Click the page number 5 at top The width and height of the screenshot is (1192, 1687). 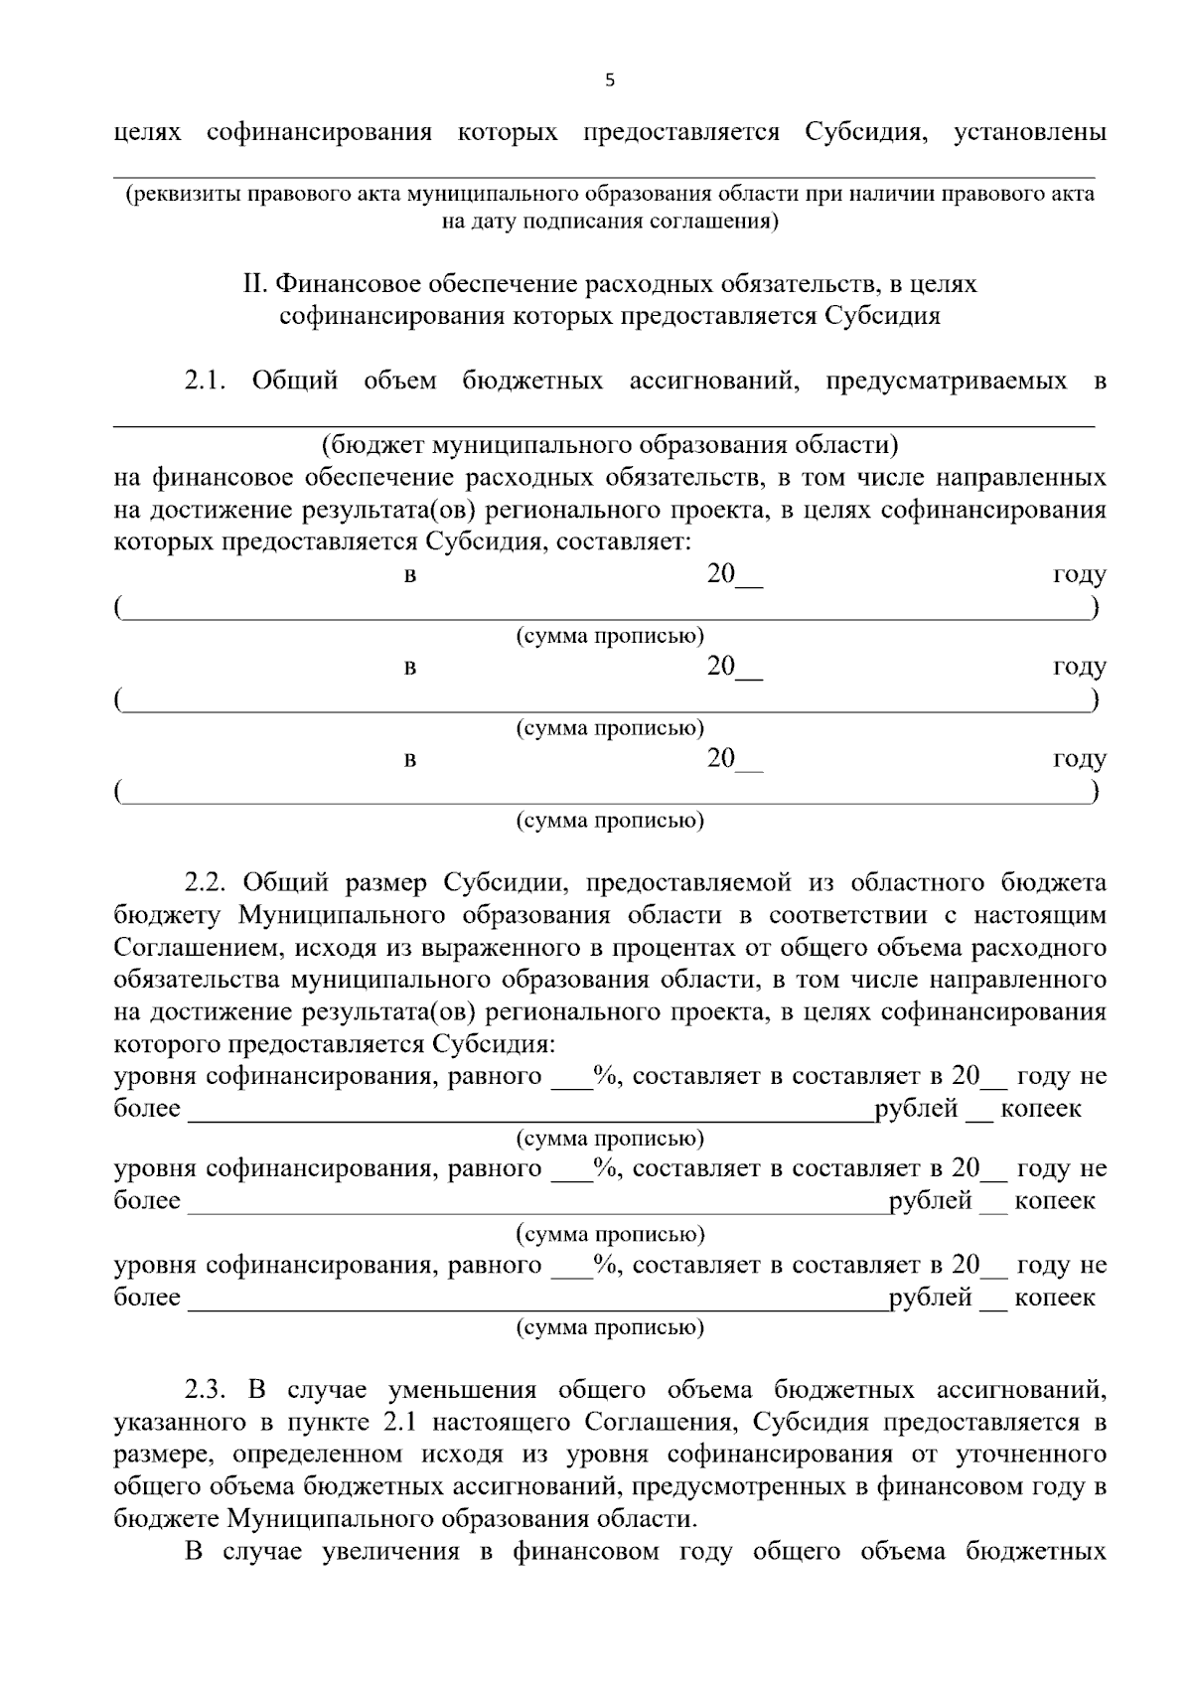pos(609,81)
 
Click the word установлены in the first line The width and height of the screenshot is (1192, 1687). pos(1029,132)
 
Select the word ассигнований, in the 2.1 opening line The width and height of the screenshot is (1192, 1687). pos(714,381)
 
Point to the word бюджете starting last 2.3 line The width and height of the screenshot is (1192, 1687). pos(166,1518)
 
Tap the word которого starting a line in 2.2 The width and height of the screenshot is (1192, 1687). pos(167,1044)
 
